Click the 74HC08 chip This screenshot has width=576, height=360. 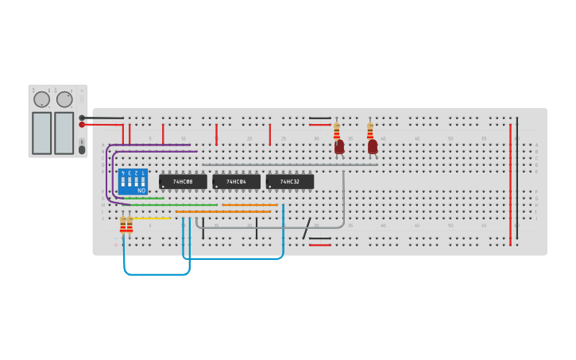pyautogui.click(x=183, y=182)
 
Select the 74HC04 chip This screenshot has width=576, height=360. pyautogui.click(x=236, y=182)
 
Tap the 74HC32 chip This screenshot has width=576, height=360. pyautogui.click(x=289, y=182)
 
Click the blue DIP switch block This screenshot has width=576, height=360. pyautogui.click(x=133, y=181)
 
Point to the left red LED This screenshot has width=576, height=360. pyautogui.click(x=339, y=147)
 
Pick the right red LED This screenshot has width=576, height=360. pyautogui.click(x=373, y=147)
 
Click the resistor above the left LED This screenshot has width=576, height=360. pyautogui.click(x=337, y=130)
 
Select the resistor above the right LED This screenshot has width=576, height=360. pyautogui.click(x=369, y=130)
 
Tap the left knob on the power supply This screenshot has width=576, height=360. pyautogui.click(x=41, y=100)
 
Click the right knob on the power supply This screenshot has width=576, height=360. pyautogui.click(x=64, y=99)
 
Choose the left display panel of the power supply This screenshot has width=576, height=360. pyautogui.click(x=41, y=133)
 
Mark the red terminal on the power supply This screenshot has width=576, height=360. pyautogui.click(x=82, y=125)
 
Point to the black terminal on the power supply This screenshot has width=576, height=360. pyautogui.click(x=82, y=118)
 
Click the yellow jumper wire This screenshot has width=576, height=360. pyautogui.click(x=150, y=218)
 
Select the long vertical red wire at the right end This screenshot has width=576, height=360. pyautogui.click(x=510, y=183)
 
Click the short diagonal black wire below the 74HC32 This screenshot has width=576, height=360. pyautogui.click(x=307, y=228)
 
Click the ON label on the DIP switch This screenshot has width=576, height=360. pyautogui.click(x=141, y=191)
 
